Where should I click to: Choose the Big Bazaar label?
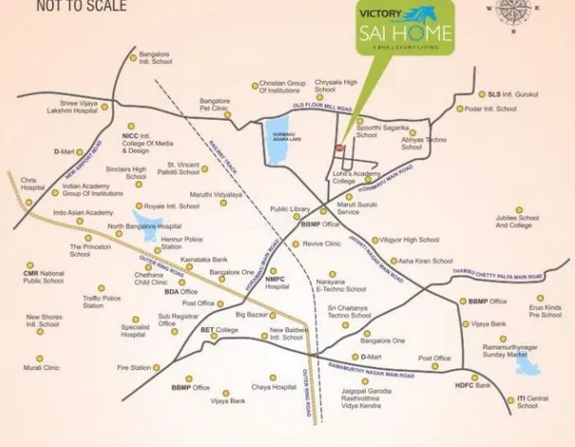point(252,313)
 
